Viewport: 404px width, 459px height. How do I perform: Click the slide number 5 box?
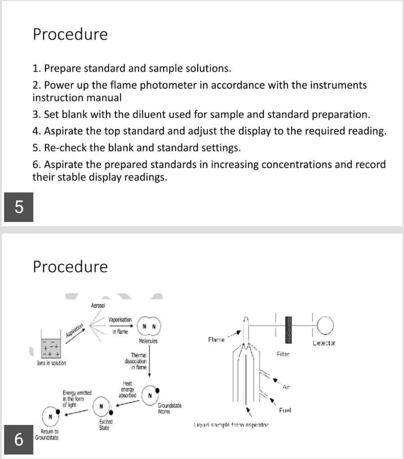coord(18,207)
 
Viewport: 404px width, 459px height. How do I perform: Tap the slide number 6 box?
coord(18,439)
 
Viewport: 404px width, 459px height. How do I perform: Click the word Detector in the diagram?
coord(323,343)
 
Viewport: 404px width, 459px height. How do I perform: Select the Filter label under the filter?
coord(283,354)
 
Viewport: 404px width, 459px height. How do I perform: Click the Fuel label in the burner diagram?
coord(286,411)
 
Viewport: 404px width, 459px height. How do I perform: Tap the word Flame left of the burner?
coord(216,340)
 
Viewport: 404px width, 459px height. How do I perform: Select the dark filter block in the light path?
coord(288,324)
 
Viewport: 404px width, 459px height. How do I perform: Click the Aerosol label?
coord(98,306)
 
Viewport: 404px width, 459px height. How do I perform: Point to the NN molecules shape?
coord(149,326)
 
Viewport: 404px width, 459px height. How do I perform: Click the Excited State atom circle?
coord(102,406)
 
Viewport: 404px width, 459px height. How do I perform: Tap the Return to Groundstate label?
coord(47,434)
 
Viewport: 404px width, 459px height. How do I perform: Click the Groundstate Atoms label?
coord(169,408)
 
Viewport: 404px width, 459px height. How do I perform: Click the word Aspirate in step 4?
coord(62,131)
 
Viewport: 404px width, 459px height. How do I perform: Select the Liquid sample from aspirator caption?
coord(230,424)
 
